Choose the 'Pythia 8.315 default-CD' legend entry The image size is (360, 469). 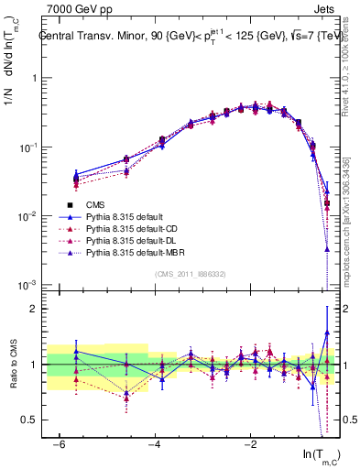tap(135, 229)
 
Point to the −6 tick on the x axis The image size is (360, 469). tap(58, 444)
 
